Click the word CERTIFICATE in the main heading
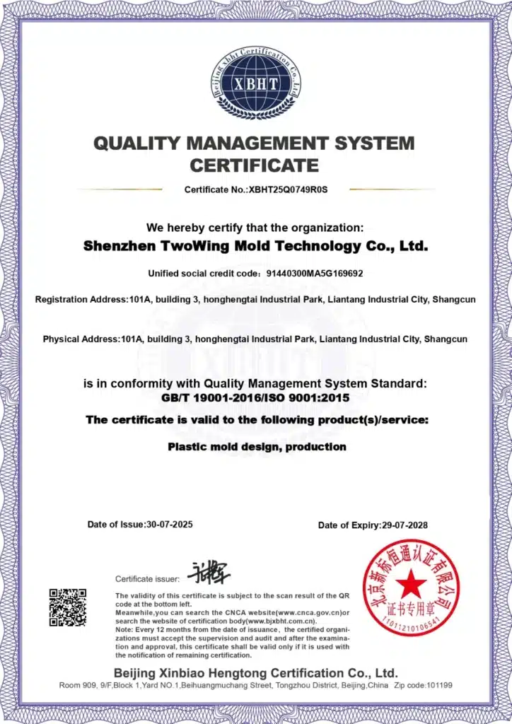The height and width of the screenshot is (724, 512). pyautogui.click(x=255, y=166)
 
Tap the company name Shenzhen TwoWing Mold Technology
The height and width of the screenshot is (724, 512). pyautogui.click(x=255, y=247)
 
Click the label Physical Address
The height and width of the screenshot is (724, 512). pyautogui.click(x=81, y=339)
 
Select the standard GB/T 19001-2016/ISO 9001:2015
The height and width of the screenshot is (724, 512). pyautogui.click(x=255, y=397)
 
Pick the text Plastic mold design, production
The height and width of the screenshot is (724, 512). pyautogui.click(x=257, y=447)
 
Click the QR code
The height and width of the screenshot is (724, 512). pyautogui.click(x=68, y=607)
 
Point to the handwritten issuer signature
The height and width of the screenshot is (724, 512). pyautogui.click(x=209, y=571)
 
